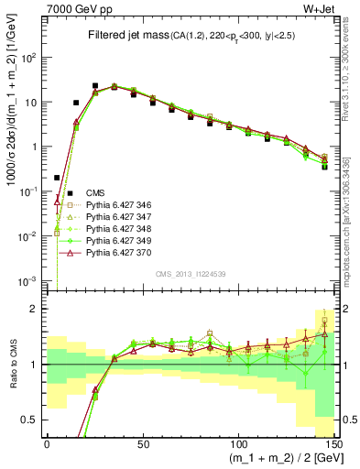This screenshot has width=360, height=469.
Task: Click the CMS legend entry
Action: (x=95, y=191)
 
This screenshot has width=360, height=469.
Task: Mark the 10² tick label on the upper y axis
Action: (x=31, y=58)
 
